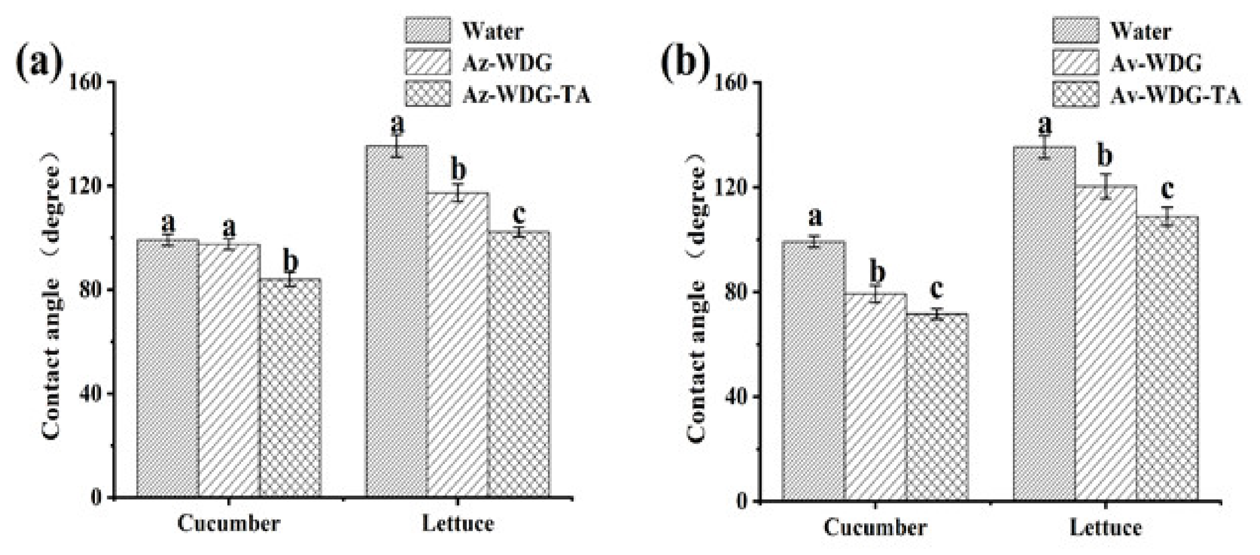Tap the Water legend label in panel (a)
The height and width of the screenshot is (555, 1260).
click(492, 32)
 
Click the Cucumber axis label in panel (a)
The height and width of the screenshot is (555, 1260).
click(228, 524)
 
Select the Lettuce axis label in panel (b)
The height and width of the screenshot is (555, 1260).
click(1105, 528)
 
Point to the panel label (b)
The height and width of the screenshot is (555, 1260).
click(685, 64)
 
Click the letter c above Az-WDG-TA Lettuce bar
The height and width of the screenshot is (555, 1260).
click(518, 214)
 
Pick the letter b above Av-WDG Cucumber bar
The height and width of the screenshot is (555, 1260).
click(877, 273)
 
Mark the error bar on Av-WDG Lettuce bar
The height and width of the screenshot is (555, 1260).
click(1105, 186)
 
